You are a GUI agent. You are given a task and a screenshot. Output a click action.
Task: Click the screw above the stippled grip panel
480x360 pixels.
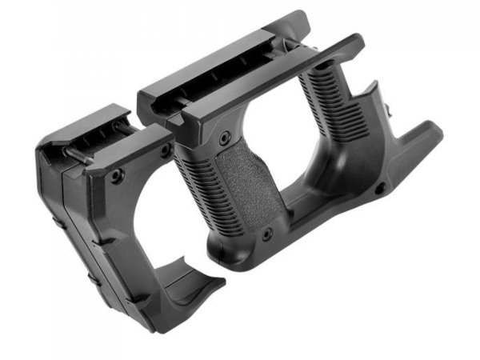[232, 131]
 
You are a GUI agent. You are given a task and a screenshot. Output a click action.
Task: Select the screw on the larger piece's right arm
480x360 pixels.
[380, 189]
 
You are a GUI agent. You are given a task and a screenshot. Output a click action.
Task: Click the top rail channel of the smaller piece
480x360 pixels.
[88, 132]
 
